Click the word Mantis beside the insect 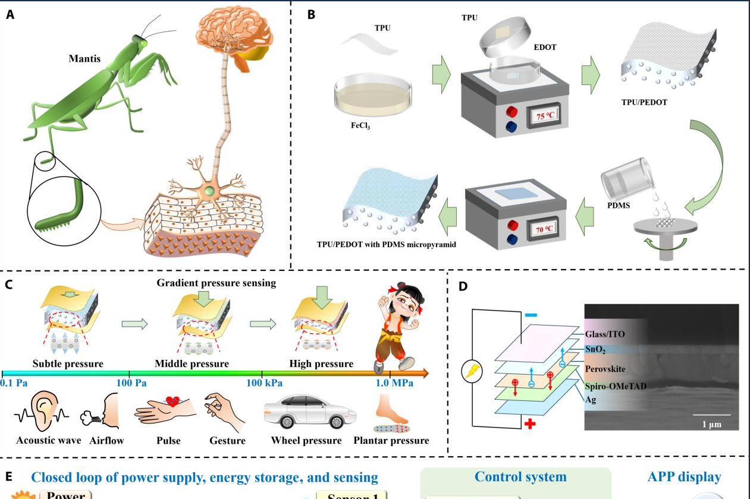click(84, 59)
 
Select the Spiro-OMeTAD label click(616, 386)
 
